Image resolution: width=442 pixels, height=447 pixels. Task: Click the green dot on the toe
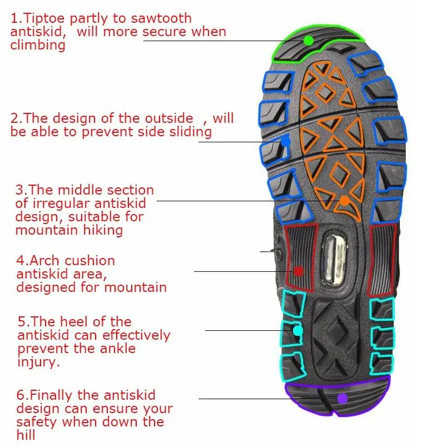click(308, 40)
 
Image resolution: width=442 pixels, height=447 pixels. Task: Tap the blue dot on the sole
click(285, 141)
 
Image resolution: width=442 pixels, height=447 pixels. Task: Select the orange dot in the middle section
click(345, 201)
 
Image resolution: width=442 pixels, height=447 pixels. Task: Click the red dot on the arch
click(298, 271)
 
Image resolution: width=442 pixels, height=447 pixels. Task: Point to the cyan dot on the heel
click(298, 331)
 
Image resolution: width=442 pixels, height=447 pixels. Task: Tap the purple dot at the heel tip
click(342, 398)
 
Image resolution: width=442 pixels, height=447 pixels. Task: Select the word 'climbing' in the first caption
click(38, 45)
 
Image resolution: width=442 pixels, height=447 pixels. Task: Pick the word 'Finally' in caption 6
click(48, 395)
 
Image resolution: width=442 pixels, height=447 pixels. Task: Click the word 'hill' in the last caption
click(26, 435)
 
